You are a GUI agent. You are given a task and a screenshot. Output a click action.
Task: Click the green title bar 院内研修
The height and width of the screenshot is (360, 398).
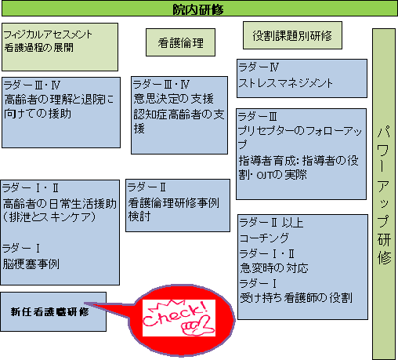[x=199, y=9]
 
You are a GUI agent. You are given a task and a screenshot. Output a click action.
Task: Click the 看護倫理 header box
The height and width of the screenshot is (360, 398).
[x=180, y=42]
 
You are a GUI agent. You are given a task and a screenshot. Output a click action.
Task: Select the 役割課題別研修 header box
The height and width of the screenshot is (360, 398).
[x=292, y=35]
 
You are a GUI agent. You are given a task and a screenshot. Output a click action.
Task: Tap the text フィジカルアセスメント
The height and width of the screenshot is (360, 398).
[x=48, y=35]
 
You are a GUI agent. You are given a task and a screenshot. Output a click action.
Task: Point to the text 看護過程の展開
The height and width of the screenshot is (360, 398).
[x=39, y=48]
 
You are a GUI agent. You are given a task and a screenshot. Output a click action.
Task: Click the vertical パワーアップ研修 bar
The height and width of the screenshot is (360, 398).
[x=384, y=194]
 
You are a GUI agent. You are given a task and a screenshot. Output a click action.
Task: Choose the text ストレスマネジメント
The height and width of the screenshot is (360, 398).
[x=286, y=83]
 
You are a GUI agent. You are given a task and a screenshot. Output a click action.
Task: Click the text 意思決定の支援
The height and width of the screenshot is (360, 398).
[x=174, y=99]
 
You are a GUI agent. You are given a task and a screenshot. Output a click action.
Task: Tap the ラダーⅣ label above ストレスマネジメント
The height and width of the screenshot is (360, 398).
[x=259, y=67]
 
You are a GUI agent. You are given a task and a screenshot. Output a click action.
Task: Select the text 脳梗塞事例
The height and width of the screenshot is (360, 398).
[x=31, y=264]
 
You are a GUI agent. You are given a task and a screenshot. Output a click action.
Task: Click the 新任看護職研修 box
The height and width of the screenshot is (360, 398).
[x=53, y=311]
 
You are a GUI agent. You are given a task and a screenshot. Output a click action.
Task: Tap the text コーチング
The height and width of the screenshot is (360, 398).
[x=264, y=238]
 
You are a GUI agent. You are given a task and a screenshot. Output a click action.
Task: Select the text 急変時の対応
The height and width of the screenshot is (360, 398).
[x=274, y=268]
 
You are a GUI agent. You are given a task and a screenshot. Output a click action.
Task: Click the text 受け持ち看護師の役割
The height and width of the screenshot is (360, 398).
[x=296, y=298]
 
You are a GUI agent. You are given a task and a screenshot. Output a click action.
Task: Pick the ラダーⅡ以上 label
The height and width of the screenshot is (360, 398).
[x=271, y=223]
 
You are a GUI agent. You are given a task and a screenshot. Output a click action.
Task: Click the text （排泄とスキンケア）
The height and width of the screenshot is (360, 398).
[x=49, y=217]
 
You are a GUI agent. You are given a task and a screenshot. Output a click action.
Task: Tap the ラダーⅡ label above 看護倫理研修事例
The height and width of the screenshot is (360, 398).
[x=147, y=187]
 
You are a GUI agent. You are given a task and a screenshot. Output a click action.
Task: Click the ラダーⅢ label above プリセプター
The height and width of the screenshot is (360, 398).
[x=258, y=116]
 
